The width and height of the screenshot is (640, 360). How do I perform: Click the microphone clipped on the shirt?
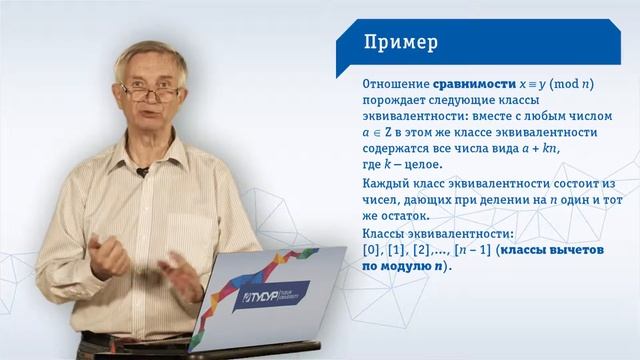[142, 171]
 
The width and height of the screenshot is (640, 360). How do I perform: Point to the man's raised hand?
[110, 244]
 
